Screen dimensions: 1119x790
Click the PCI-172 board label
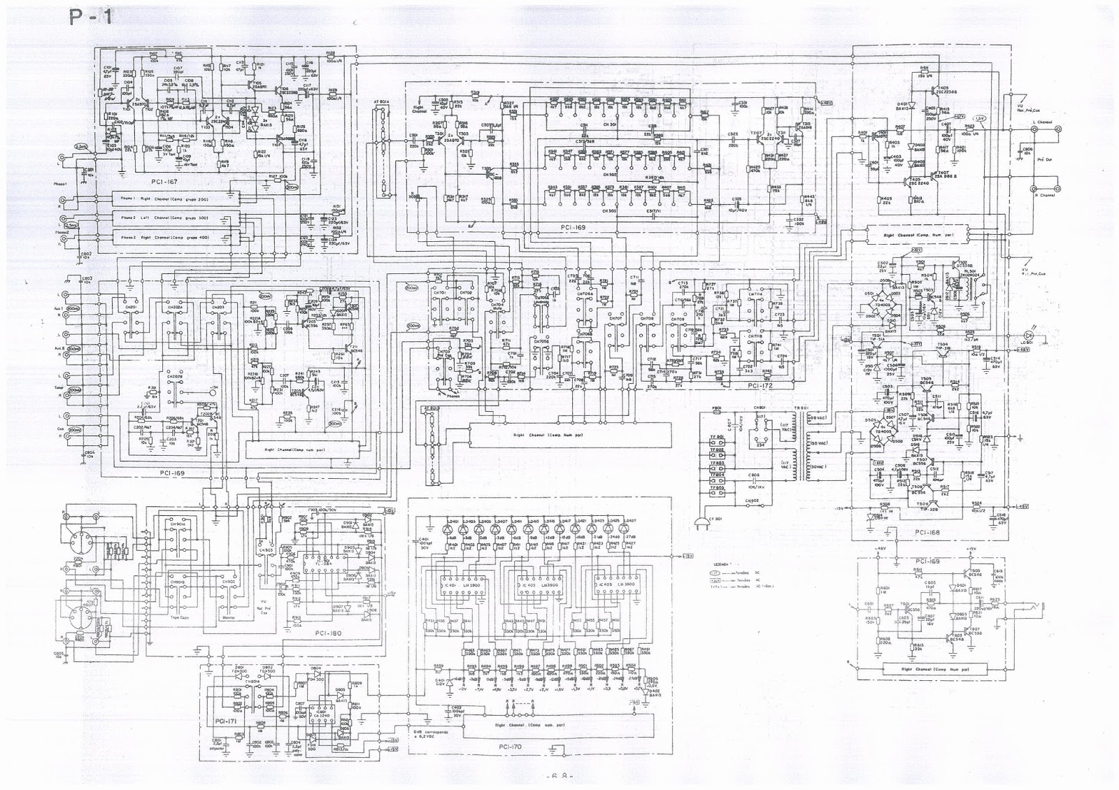coord(761,385)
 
